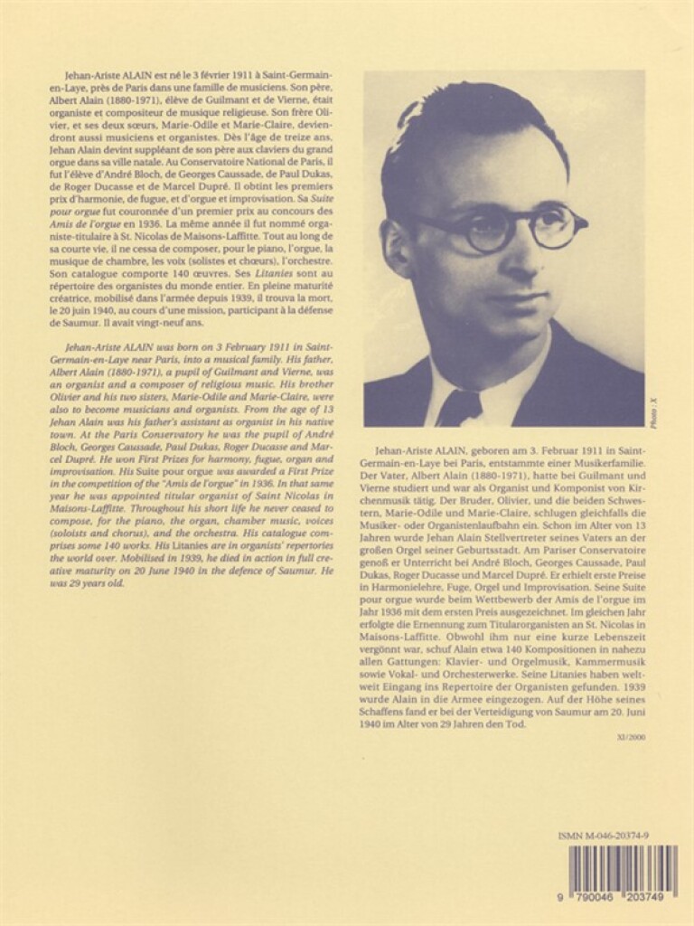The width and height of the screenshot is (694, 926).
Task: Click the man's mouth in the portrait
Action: point(517,298)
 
